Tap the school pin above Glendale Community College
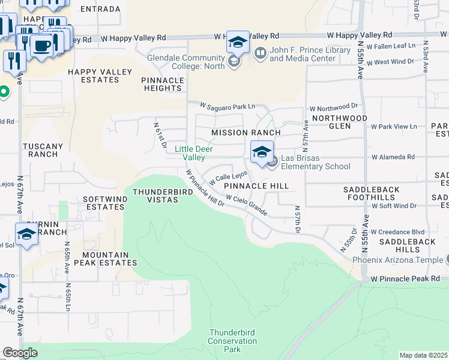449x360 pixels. click(x=238, y=43)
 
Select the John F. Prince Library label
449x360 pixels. click(x=310, y=54)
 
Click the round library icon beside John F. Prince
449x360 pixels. click(x=260, y=53)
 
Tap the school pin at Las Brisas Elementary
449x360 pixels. click(x=262, y=152)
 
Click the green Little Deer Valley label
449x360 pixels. click(x=194, y=153)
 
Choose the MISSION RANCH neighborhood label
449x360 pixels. click(x=246, y=133)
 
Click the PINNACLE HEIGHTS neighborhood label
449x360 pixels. click(x=163, y=84)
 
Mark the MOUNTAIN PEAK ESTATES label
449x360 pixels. click(x=106, y=259)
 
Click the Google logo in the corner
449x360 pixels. click(x=20, y=353)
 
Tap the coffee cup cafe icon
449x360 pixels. click(x=41, y=46)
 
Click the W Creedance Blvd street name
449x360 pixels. click(x=397, y=232)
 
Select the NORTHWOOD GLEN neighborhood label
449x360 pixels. click(x=348, y=122)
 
